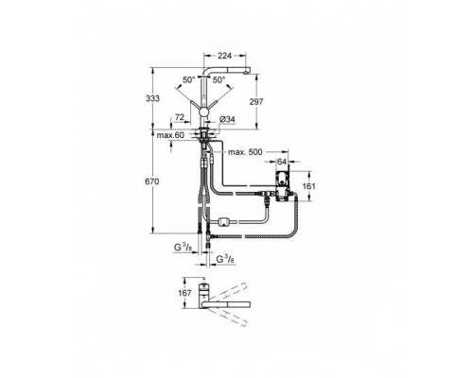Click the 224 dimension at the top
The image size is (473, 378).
223,55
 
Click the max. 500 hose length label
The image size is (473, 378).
243,152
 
